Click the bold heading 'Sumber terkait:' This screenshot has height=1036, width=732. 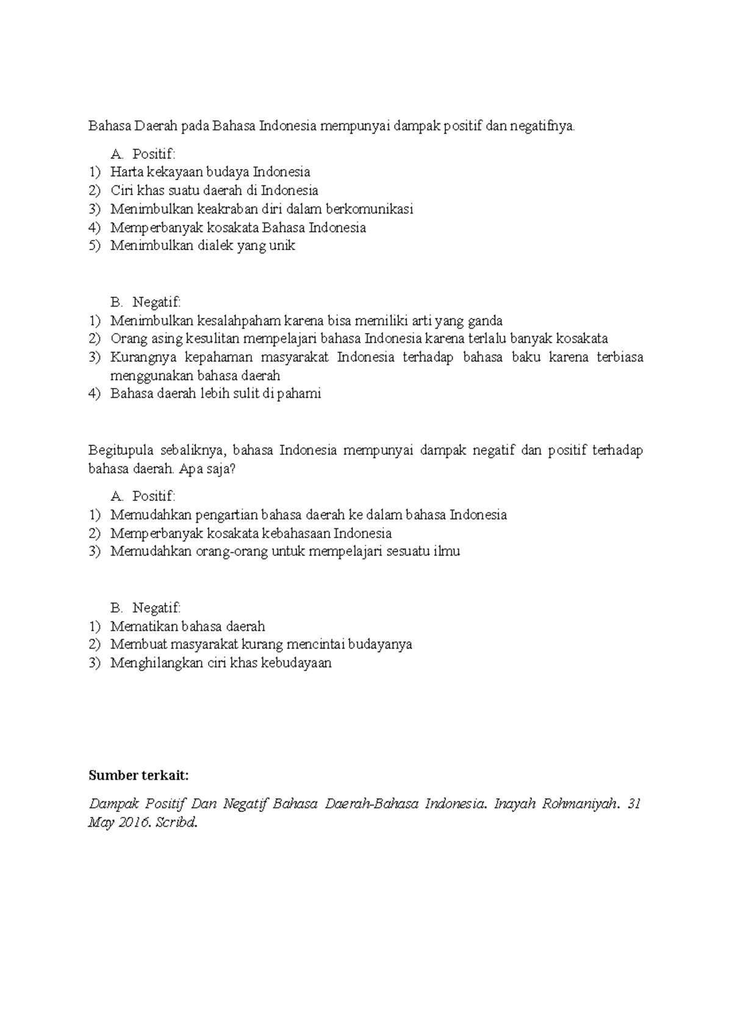(x=138, y=775)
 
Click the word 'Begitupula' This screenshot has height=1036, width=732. (x=120, y=450)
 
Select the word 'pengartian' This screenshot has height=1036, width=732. (x=236, y=514)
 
